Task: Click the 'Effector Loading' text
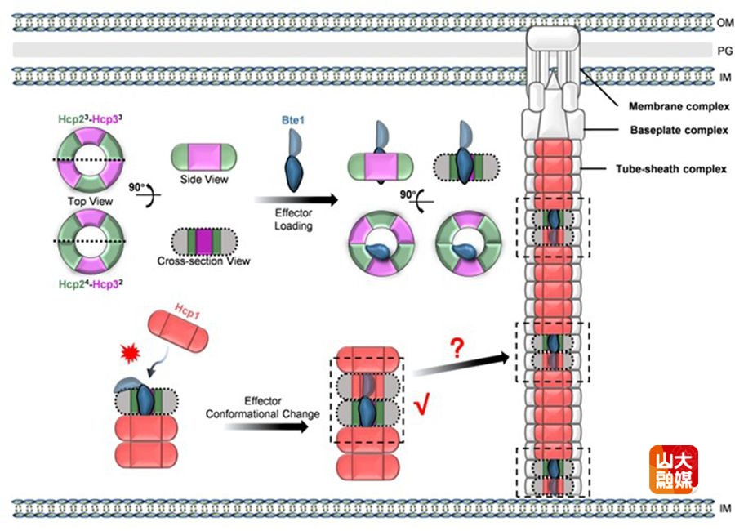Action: click(293, 220)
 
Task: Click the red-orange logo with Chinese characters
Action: click(674, 469)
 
